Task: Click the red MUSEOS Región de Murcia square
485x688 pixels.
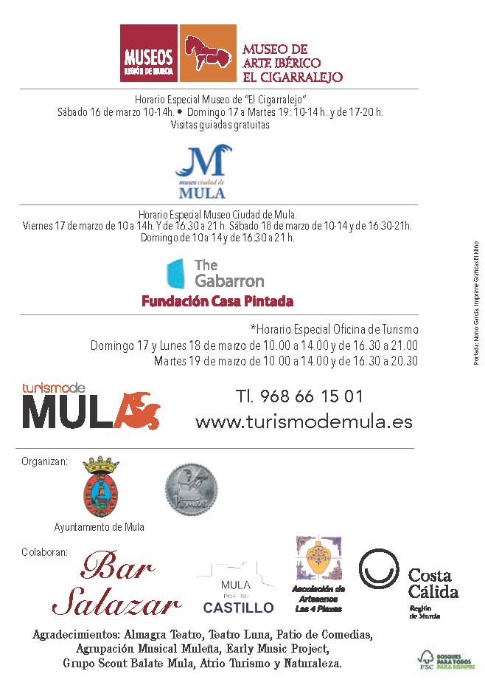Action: pos(149,53)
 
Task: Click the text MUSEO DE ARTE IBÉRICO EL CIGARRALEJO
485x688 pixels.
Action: pos(292,63)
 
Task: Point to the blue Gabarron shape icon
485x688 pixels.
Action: pos(175,273)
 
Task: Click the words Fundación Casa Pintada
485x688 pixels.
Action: pos(217,301)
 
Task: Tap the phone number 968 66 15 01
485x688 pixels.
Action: pos(299,396)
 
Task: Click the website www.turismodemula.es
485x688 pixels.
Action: pos(304,422)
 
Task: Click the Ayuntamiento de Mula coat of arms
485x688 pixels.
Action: pos(100,487)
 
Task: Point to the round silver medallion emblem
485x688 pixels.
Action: pos(190,489)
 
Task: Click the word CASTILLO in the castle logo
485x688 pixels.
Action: pos(238,608)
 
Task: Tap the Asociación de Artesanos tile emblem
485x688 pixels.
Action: pos(318,559)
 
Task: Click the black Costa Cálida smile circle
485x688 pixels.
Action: pos(379,569)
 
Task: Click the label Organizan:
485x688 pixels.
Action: pos(44,462)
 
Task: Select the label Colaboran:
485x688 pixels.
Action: pos(44,551)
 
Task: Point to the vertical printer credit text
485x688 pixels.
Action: pos(475,303)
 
